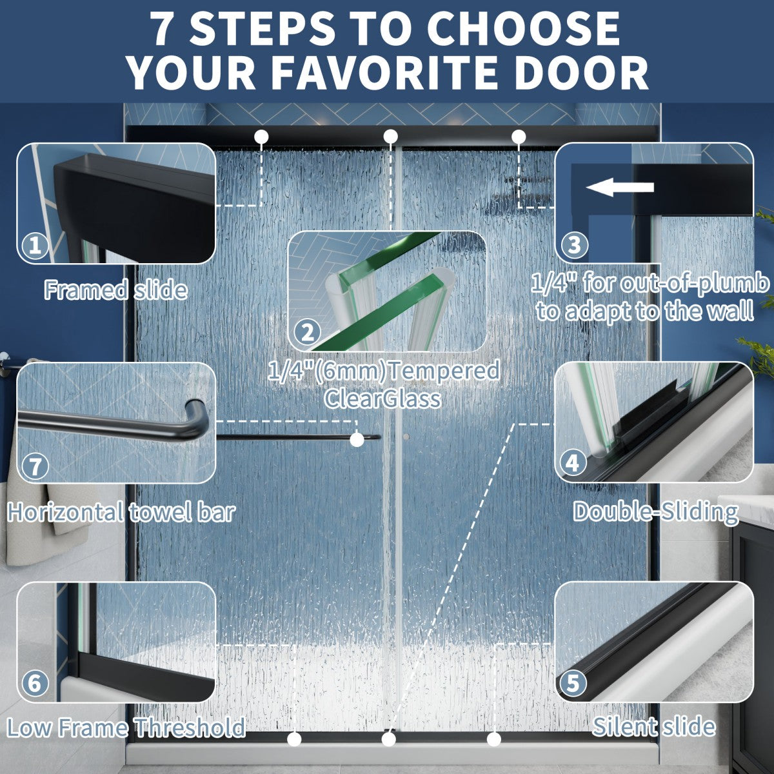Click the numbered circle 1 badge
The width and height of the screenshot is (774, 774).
click(35, 245)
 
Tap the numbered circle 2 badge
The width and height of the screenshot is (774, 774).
click(308, 333)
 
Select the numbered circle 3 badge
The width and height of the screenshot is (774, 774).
click(574, 244)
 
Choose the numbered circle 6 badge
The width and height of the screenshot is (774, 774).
click(35, 683)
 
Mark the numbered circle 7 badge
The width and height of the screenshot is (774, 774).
click(35, 467)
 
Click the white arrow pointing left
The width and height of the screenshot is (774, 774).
click(620, 188)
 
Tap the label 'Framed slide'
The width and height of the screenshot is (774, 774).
click(115, 290)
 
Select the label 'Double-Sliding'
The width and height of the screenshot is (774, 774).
click(655, 512)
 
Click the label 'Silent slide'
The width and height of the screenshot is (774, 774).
click(654, 726)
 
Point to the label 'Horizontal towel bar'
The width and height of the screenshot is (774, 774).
click(121, 512)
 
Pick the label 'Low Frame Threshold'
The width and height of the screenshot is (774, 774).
click(126, 727)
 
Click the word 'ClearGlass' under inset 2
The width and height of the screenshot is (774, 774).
click(382, 399)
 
